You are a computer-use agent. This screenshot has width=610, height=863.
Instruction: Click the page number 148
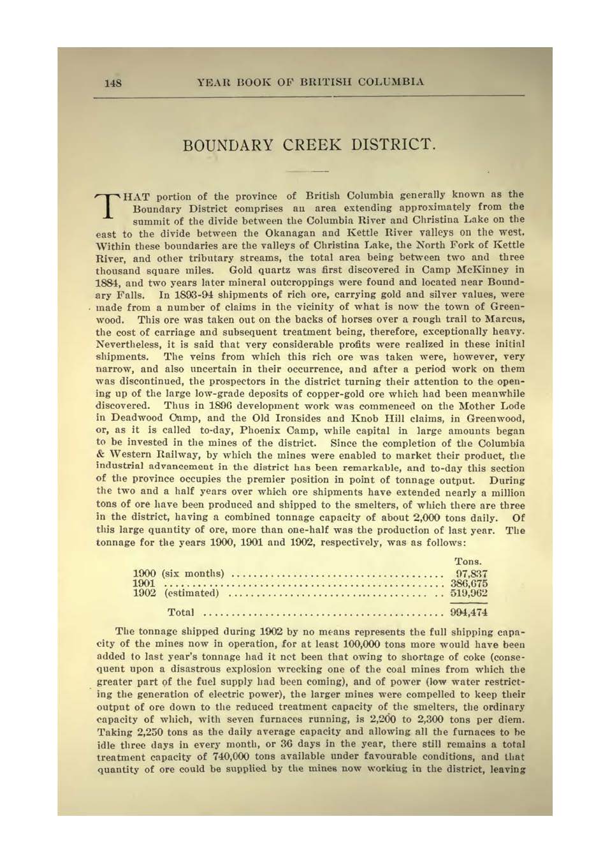pyautogui.click(x=113, y=83)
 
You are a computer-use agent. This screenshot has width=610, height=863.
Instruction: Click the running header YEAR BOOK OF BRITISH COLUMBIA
pyautogui.click(x=310, y=82)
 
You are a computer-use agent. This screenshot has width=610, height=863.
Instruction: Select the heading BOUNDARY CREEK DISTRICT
pyautogui.click(x=309, y=145)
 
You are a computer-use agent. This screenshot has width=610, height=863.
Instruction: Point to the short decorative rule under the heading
pyautogui.click(x=307, y=172)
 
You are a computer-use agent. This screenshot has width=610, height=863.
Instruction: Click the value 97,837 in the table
pyautogui.click(x=471, y=574)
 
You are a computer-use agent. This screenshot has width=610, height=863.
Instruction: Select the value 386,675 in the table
pyautogui.click(x=469, y=584)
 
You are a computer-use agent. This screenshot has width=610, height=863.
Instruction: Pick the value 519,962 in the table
pyautogui.click(x=469, y=593)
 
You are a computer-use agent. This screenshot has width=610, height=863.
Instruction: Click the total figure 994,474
pyautogui.click(x=468, y=612)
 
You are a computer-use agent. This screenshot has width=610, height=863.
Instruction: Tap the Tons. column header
pyautogui.click(x=468, y=562)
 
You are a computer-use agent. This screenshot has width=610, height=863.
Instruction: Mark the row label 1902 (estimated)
pyautogui.click(x=175, y=593)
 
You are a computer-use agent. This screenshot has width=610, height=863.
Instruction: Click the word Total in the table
pyautogui.click(x=180, y=612)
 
